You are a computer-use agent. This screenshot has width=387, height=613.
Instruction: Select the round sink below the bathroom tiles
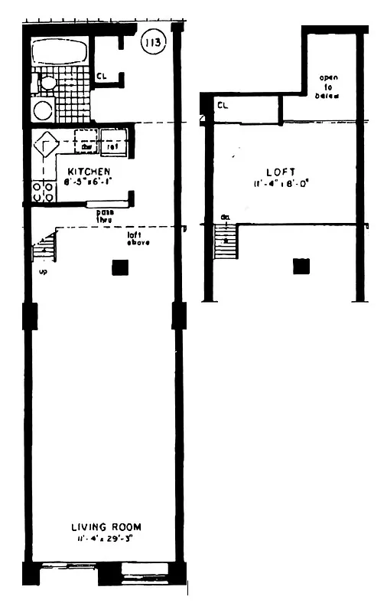pos(43,110)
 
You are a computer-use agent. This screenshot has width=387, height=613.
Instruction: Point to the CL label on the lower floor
pos(101,76)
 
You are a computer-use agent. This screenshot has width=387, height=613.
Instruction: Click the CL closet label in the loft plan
pos(223,105)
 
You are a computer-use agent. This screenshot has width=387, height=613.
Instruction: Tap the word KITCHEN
pos(89,171)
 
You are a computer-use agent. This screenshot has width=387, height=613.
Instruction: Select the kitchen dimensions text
pos(89,182)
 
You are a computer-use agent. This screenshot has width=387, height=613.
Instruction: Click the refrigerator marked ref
pos(112,146)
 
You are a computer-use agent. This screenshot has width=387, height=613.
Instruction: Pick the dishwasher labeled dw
pos(86,146)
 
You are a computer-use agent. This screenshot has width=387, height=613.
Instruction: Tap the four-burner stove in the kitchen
pos(41,191)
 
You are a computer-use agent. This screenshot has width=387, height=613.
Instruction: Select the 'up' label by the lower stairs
pos(43,270)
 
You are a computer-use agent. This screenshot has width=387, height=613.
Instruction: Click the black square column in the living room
pos(119,267)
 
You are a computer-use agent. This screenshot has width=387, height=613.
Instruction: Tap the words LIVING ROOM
pos(106,527)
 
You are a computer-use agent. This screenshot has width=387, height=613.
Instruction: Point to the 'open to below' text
pos(329,86)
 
